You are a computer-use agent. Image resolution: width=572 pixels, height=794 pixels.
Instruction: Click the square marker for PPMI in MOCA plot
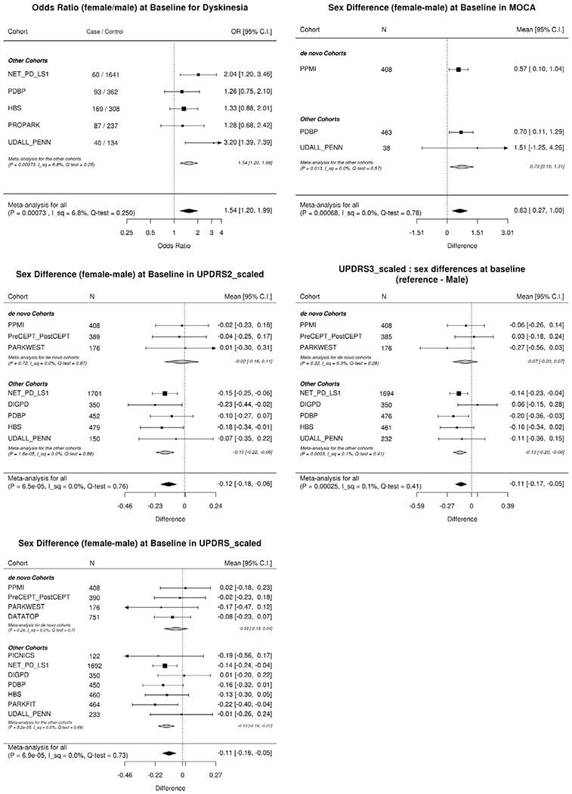(458, 69)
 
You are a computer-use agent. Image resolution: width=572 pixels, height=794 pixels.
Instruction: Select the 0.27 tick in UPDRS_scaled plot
(215, 774)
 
